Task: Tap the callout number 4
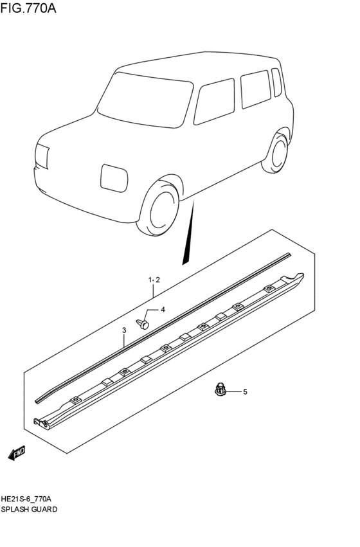pos(163,310)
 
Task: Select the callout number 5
pos(244,391)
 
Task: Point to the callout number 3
pos(124,330)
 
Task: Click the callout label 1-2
pos(154,280)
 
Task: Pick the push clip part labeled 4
pos(144,322)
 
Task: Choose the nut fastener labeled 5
pos(221,389)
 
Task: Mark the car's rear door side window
pos(255,89)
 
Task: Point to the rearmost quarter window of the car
pos(276,82)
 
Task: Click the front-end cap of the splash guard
pos(41,422)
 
